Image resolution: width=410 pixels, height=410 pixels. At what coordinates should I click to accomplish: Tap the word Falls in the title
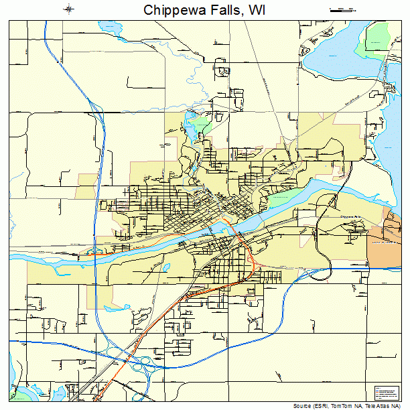(226, 9)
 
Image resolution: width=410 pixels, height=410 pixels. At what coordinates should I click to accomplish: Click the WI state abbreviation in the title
(257, 9)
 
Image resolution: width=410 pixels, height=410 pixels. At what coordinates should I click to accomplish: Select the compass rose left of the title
(68, 9)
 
